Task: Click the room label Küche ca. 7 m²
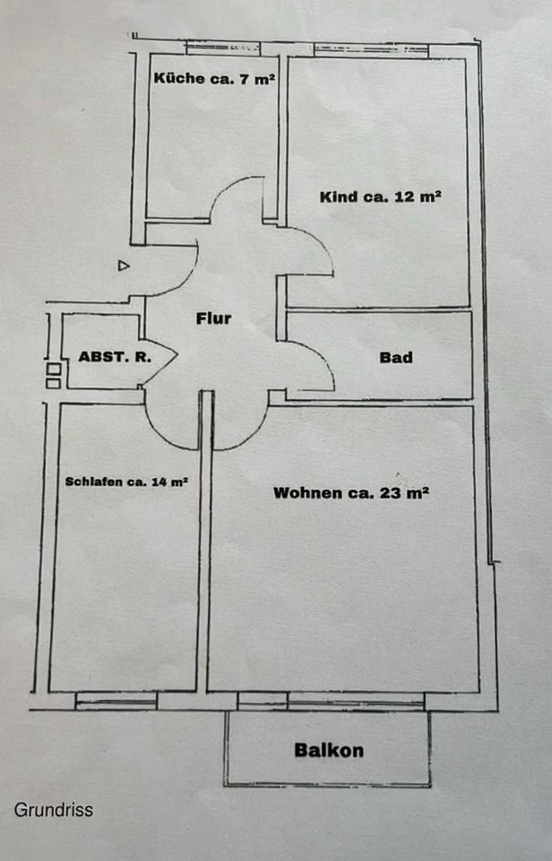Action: pyautogui.click(x=214, y=79)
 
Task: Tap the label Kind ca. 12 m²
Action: pyautogui.click(x=380, y=197)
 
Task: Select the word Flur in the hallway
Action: pyautogui.click(x=213, y=318)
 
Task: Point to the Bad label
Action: pyautogui.click(x=395, y=357)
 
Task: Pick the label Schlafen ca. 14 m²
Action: pyautogui.click(x=126, y=482)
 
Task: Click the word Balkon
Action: pyautogui.click(x=329, y=750)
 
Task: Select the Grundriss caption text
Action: pyautogui.click(x=53, y=810)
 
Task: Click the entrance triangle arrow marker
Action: pyautogui.click(x=124, y=265)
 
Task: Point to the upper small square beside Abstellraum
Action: pyautogui.click(x=53, y=368)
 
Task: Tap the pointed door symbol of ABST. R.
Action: pyautogui.click(x=164, y=355)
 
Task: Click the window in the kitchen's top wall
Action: pyautogui.click(x=222, y=47)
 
